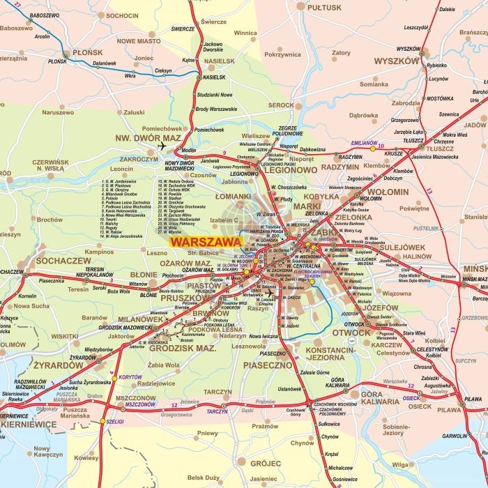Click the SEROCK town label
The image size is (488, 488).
(x=281, y=105)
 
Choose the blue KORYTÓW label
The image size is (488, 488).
(x=130, y=376)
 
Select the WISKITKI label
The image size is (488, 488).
(x=65, y=335)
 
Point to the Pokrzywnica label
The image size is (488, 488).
(x=282, y=54)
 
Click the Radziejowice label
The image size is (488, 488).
(x=156, y=383)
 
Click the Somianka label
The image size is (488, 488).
(x=373, y=84)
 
